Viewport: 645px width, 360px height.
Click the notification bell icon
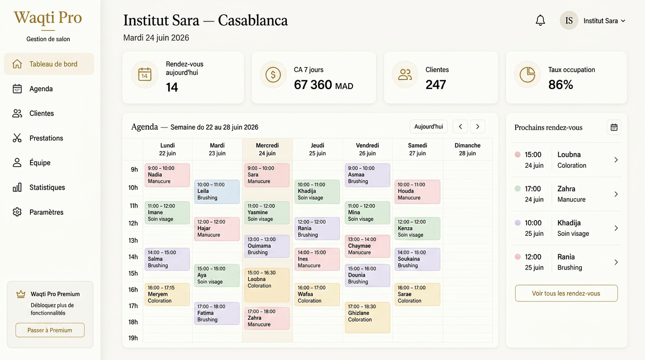[x=540, y=20]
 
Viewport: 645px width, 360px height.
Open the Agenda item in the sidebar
[x=41, y=89]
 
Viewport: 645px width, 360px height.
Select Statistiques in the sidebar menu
[x=47, y=187]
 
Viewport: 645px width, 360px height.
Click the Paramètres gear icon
[x=17, y=212]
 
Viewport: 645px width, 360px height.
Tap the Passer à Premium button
[x=50, y=330]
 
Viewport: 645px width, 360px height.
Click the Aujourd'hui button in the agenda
[x=428, y=127]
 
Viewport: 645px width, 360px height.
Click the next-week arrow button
[x=477, y=127]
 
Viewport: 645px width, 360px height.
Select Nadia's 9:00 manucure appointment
[x=167, y=175]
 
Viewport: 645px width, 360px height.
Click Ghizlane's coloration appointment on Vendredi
[x=367, y=317]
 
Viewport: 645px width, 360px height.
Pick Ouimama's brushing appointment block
[x=267, y=246]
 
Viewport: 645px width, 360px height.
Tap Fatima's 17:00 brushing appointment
[x=217, y=313]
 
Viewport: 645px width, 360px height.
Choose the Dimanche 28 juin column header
[x=467, y=149]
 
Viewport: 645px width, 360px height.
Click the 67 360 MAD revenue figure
[x=323, y=85]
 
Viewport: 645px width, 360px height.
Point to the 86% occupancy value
[x=560, y=85]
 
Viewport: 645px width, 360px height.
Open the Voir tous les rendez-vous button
[x=566, y=293]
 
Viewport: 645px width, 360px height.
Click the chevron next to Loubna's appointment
[x=616, y=160]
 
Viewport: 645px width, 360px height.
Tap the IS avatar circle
[x=569, y=21]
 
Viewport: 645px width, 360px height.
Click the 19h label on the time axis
[x=133, y=338]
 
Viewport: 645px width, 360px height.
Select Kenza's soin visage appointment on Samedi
[x=417, y=229]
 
